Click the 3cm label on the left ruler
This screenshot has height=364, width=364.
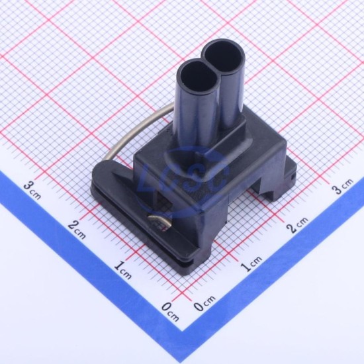[x=32, y=191]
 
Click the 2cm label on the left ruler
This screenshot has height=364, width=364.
[x=77, y=230]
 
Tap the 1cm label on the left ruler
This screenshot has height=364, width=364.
[x=122, y=270]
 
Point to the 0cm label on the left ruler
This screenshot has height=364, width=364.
[x=170, y=312]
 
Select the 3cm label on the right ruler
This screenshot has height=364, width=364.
[x=343, y=186]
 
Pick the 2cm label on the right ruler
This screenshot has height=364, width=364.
[x=298, y=225]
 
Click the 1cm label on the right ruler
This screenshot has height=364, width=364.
[x=251, y=263]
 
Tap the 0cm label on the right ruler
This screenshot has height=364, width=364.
[x=205, y=303]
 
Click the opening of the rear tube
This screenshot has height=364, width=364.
[x=224, y=57]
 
